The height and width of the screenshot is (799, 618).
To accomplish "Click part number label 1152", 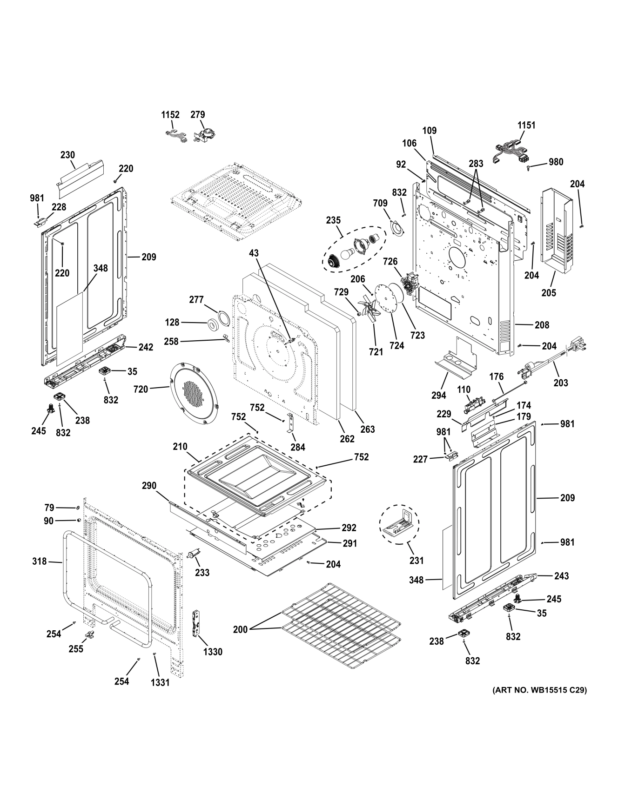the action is [x=170, y=115].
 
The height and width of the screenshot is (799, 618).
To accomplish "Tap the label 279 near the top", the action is [x=198, y=115].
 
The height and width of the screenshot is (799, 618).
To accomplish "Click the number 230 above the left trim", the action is [x=67, y=155].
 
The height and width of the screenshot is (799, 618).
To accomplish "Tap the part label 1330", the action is [x=213, y=652].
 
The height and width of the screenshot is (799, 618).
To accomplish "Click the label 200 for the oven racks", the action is [x=241, y=630].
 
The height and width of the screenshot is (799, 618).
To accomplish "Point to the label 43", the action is [x=254, y=253].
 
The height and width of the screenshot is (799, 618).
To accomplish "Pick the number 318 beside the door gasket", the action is [x=40, y=561].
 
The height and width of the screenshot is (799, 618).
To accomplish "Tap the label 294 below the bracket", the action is [x=439, y=395].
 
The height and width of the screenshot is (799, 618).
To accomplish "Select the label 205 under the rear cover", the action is [x=549, y=293].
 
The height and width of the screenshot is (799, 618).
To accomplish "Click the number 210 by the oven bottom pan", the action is [x=180, y=447].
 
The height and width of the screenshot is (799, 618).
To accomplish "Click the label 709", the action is [x=380, y=203].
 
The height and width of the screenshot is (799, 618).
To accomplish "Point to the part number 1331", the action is [x=160, y=682].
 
